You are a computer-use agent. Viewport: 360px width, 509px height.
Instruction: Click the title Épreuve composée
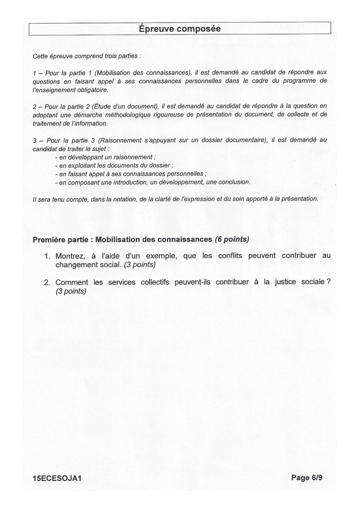(180, 29)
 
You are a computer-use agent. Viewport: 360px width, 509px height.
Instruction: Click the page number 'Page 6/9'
(307, 477)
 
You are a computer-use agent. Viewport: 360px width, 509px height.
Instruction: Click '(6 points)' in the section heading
(232, 239)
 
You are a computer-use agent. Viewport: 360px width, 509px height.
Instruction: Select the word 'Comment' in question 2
(72, 282)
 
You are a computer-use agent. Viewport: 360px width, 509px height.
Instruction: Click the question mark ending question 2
(328, 282)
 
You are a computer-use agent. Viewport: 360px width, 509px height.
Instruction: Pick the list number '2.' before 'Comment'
(47, 283)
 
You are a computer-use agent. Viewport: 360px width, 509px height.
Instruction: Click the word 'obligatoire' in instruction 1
(91, 90)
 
